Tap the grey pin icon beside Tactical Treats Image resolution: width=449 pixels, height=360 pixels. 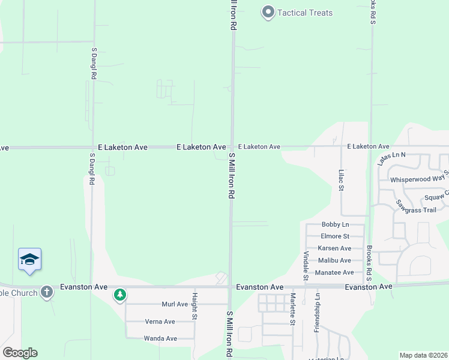coord(268,12)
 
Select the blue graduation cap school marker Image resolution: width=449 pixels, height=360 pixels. coord(29,259)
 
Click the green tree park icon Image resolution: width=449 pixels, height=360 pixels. coord(120,295)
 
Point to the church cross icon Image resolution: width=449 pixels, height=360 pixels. coord(47,293)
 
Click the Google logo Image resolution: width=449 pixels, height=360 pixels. coord(20,353)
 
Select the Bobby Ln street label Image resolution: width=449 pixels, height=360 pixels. coord(335,224)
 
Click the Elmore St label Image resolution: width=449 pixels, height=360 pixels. coord(335,236)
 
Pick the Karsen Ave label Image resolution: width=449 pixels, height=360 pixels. coord(335,248)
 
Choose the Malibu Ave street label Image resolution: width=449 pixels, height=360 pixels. coord(335,260)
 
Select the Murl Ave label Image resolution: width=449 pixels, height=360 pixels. coord(175,304)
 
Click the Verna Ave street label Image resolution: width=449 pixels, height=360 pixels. coord(160,322)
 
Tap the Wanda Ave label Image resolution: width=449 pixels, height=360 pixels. coord(160,338)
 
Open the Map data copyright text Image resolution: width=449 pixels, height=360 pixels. coord(423,355)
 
